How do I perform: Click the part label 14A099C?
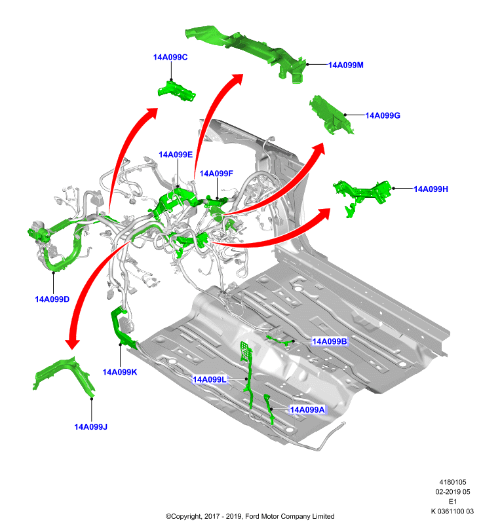click(x=170, y=57)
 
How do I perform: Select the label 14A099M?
click(x=345, y=65)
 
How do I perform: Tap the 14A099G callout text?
click(x=383, y=116)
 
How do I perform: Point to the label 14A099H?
click(x=431, y=189)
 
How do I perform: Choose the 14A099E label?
click(x=176, y=155)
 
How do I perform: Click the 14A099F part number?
click(x=216, y=174)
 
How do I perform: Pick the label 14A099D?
click(x=52, y=299)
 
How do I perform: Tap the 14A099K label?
click(x=120, y=372)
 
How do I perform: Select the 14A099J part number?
click(x=90, y=427)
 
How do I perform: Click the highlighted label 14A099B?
click(x=329, y=341)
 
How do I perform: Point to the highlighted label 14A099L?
click(x=210, y=379)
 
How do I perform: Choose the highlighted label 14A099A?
click(x=307, y=409)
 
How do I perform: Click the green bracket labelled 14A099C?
click(x=177, y=90)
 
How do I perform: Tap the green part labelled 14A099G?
click(x=331, y=115)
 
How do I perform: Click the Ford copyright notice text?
click(x=250, y=516)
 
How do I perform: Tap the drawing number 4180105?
click(x=453, y=482)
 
